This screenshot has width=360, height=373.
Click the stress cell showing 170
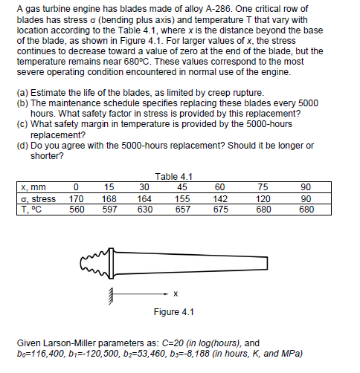click(x=76, y=199)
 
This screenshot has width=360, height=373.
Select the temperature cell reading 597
click(x=109, y=210)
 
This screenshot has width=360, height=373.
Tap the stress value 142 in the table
click(x=220, y=199)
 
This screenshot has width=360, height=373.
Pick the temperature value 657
click(x=183, y=210)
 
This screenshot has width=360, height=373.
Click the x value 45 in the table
click(x=182, y=187)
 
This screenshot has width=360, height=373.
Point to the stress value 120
click(x=263, y=199)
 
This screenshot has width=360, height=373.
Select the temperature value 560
click(x=77, y=210)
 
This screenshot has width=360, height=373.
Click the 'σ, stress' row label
click(x=39, y=199)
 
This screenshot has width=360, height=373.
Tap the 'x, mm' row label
click(x=33, y=187)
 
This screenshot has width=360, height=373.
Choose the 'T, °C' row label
click(x=31, y=210)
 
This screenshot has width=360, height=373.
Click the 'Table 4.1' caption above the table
click(x=173, y=177)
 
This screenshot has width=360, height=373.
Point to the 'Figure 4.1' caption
click(x=173, y=312)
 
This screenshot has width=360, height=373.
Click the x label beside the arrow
click(x=176, y=294)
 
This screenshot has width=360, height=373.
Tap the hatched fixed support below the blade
click(x=112, y=296)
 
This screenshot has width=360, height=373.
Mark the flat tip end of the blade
click(x=267, y=263)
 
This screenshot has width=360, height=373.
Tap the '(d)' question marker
click(x=23, y=146)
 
